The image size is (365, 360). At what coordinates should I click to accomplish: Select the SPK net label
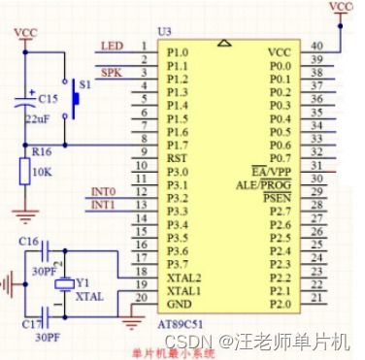113,71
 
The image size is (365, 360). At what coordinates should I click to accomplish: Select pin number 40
315,45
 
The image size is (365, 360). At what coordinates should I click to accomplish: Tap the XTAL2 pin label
183,278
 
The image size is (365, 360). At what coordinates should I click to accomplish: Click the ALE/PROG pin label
263,183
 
